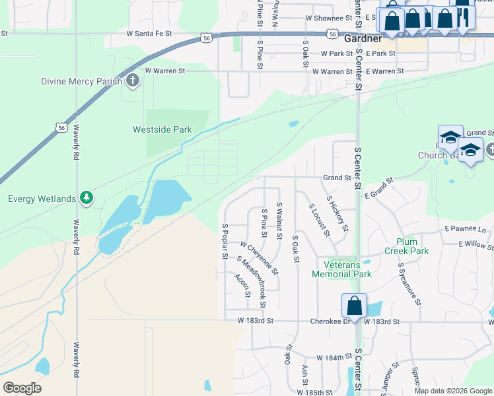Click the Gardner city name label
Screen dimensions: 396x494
[x=363, y=39]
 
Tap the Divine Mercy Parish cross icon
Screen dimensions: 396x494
[x=133, y=81]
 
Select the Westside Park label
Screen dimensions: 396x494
[x=162, y=130]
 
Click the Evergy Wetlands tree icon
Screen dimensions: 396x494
[x=86, y=197]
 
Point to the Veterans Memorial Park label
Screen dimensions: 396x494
[x=341, y=269]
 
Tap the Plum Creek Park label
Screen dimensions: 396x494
[x=412, y=246]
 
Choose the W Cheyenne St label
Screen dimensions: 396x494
[x=260, y=257]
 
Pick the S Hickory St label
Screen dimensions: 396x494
[x=337, y=213]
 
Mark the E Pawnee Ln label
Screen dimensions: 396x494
[x=465, y=229]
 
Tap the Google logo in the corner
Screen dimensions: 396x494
[x=22, y=388]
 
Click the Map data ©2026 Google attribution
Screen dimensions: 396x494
[x=453, y=391]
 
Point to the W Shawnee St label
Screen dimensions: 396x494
[x=327, y=19]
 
